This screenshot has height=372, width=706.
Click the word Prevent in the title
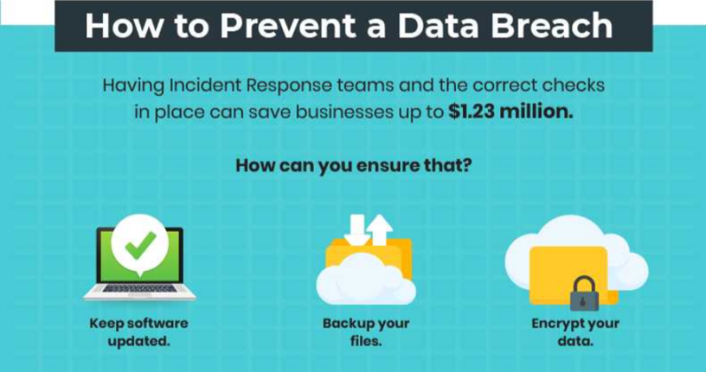[284, 25]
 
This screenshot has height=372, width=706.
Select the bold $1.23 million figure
[511, 112]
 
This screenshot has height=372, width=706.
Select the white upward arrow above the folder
[380, 229]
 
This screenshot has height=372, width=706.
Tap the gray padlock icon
[584, 294]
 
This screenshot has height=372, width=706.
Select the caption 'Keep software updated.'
[139, 332]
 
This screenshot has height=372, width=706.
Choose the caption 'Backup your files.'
[365, 332]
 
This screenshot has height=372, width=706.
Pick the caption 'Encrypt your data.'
[574, 332]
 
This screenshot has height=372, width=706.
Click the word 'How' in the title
[119, 25]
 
